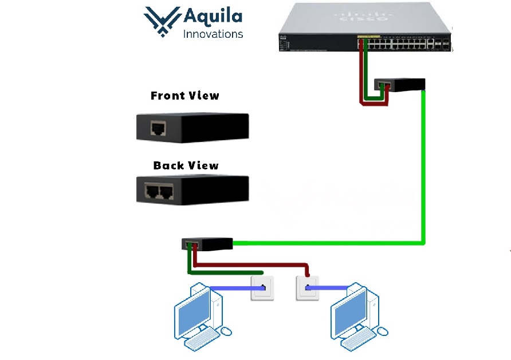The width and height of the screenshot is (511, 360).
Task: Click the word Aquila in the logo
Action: tap(212, 17)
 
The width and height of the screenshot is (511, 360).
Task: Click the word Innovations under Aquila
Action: tap(213, 34)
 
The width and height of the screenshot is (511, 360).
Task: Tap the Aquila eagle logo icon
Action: tap(162, 22)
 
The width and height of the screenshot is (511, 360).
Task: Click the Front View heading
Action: tap(185, 96)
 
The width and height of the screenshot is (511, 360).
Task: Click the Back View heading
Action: tap(186, 166)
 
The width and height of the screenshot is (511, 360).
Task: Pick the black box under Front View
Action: tap(192, 127)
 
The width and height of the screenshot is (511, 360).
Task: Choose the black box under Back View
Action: tap(192, 189)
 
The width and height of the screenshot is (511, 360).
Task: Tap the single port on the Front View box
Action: tap(158, 128)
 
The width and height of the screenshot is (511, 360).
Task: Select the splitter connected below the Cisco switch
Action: tap(400, 85)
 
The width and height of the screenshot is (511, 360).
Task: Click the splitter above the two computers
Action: tap(207, 244)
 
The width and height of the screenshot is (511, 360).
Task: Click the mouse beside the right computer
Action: tap(384, 331)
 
